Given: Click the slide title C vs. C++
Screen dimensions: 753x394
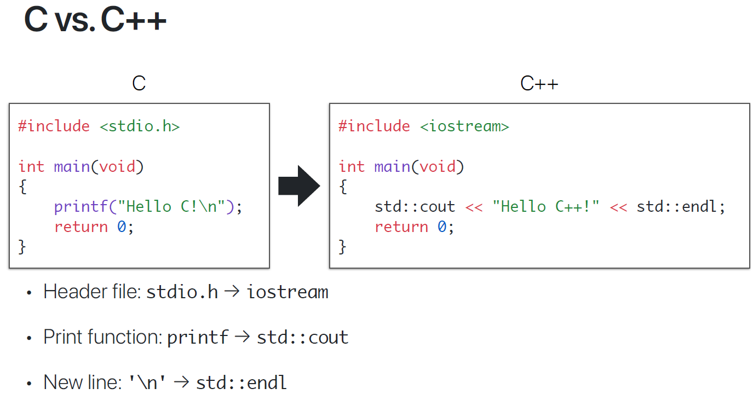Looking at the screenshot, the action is pyautogui.click(x=95, y=20).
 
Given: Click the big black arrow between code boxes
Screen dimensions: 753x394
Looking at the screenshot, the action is pyautogui.click(x=298, y=186).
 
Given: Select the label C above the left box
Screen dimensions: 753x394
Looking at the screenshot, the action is pyautogui.click(x=139, y=83).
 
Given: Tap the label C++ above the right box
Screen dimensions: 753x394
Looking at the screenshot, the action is pyautogui.click(x=539, y=83).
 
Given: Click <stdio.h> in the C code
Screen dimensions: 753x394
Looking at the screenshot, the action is pyautogui.click(x=140, y=126).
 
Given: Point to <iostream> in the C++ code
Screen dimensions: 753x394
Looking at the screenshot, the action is pyautogui.click(x=464, y=126).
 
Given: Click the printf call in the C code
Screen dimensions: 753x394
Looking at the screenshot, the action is pyautogui.click(x=81, y=207).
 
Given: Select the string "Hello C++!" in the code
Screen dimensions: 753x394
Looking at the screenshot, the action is pyautogui.click(x=546, y=207).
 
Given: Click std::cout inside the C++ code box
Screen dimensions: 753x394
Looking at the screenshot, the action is pyautogui.click(x=415, y=207).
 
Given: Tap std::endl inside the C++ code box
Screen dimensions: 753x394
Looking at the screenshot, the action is pyautogui.click(x=677, y=207).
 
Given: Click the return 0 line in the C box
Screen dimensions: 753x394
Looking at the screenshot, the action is pyautogui.click(x=94, y=227).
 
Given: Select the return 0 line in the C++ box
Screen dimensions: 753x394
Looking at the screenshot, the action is pyautogui.click(x=414, y=227).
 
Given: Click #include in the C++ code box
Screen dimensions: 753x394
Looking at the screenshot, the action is pyautogui.click(x=374, y=126).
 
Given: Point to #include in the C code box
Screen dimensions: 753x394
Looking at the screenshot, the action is pyautogui.click(x=54, y=126).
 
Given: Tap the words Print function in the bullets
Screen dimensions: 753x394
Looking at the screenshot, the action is pyautogui.click(x=102, y=337).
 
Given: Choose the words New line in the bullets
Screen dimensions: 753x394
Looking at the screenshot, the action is pyautogui.click(x=82, y=382).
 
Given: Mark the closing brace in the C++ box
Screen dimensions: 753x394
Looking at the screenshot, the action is pyautogui.click(x=342, y=247).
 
